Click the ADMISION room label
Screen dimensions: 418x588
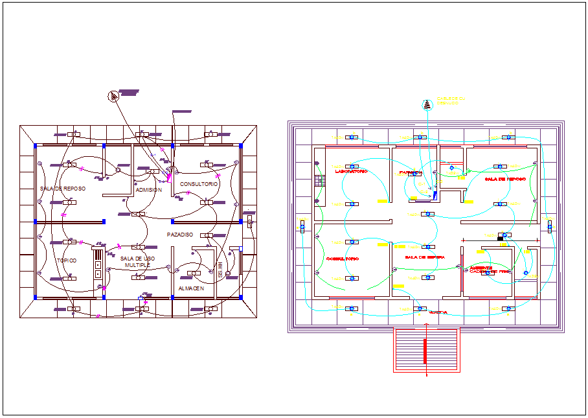149,190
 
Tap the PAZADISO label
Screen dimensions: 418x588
179,234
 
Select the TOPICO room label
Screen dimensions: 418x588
66,261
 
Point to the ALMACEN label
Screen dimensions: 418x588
191,288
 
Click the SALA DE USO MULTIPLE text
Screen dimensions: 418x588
137,262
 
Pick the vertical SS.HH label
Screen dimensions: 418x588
220,270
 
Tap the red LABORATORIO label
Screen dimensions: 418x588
351,172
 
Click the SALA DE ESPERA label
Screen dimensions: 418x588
424,257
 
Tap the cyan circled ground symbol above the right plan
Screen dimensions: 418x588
427,104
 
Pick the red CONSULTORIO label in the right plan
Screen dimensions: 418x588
343,259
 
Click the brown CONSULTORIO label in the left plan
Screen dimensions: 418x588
199,184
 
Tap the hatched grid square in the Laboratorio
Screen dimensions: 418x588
319,181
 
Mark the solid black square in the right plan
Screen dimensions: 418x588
500,238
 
